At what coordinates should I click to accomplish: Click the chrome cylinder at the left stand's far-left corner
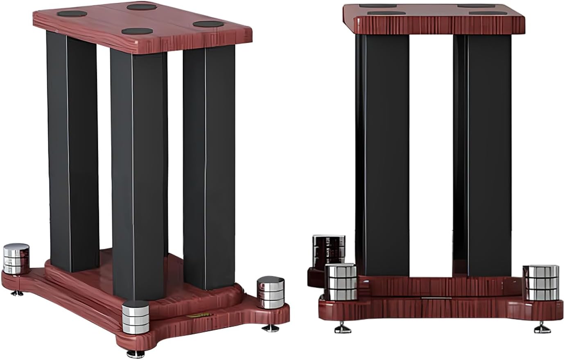[16, 258]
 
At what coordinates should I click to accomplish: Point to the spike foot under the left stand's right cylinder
[270, 328]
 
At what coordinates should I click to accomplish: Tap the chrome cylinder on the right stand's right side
[540, 283]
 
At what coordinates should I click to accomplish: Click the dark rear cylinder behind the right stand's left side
[328, 249]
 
